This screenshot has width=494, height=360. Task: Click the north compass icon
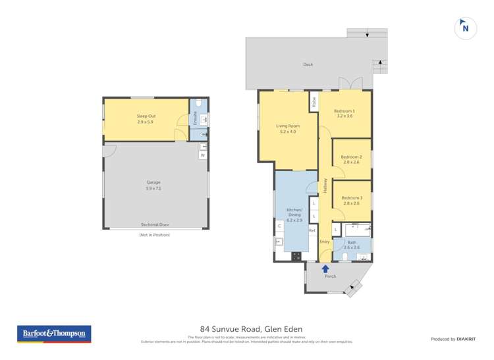pyautogui.click(x=466, y=28)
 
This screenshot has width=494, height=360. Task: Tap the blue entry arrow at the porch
pyautogui.click(x=325, y=269)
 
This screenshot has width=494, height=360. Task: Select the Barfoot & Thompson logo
pyautogui.click(x=54, y=334)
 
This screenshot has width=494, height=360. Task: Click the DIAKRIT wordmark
pyautogui.click(x=469, y=339)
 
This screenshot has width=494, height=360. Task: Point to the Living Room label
pyautogui.click(x=288, y=126)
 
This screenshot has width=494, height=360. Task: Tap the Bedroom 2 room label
pyautogui.click(x=352, y=157)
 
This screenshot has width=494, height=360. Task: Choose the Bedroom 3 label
pyautogui.click(x=352, y=198)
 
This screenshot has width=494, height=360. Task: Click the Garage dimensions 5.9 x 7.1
pyautogui.click(x=153, y=188)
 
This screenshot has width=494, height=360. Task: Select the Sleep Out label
pyautogui.click(x=146, y=116)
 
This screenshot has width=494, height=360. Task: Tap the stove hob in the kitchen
pyautogui.click(x=296, y=256)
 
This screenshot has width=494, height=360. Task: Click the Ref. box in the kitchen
pyautogui.click(x=312, y=231)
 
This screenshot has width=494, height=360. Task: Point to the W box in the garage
pyautogui.click(x=203, y=155)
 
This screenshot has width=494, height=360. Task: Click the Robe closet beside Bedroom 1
pyautogui.click(x=314, y=103)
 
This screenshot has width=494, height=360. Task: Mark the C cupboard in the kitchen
pyautogui.click(x=279, y=226)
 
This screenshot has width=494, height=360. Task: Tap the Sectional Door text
pyautogui.click(x=153, y=224)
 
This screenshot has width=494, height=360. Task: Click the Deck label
pyautogui.click(x=308, y=64)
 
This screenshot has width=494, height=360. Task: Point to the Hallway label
pyautogui.click(x=325, y=186)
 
